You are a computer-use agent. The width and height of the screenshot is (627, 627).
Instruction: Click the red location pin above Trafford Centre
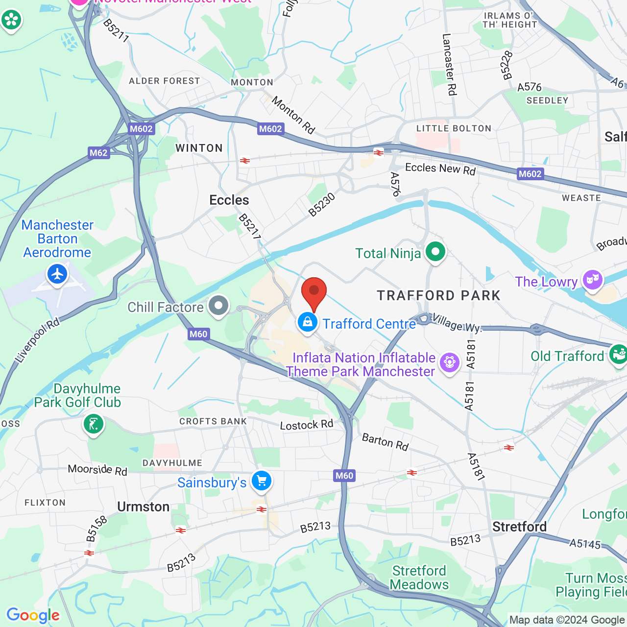pos(313,292)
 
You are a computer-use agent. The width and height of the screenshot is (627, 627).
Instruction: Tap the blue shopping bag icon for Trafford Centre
pos(307,323)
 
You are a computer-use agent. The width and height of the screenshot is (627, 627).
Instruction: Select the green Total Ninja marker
pos(435,252)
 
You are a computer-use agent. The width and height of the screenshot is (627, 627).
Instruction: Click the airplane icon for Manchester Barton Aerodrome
pos(57,274)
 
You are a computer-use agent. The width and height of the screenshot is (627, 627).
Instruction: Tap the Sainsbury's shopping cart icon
pos(262,481)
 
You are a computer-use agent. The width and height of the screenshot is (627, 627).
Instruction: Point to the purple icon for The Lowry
pos(593,280)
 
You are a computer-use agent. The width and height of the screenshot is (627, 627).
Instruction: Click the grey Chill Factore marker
pos(218,306)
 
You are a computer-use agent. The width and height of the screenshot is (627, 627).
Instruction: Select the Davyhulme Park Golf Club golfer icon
pos(93,424)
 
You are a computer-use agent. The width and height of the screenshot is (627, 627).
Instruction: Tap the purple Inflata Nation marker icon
pos(449,363)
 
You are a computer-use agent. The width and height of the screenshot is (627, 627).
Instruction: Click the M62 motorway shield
pos(98,153)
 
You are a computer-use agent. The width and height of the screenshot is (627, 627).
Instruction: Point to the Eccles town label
pos(229,200)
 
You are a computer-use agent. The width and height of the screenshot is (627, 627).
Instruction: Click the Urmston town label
pos(143,507)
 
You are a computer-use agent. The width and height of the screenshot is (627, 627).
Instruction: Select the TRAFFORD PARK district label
pos(438,295)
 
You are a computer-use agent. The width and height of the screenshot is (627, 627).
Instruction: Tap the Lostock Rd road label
pos(306,425)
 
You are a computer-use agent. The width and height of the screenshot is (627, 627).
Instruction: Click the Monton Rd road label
pos(293,115)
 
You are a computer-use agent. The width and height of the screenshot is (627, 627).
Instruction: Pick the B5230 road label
pos(322,205)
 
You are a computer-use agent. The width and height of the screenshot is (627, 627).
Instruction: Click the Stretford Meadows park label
pos(419,578)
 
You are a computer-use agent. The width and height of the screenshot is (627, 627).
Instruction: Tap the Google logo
pos(33,615)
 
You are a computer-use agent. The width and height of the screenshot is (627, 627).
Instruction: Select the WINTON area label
pos(199,148)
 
